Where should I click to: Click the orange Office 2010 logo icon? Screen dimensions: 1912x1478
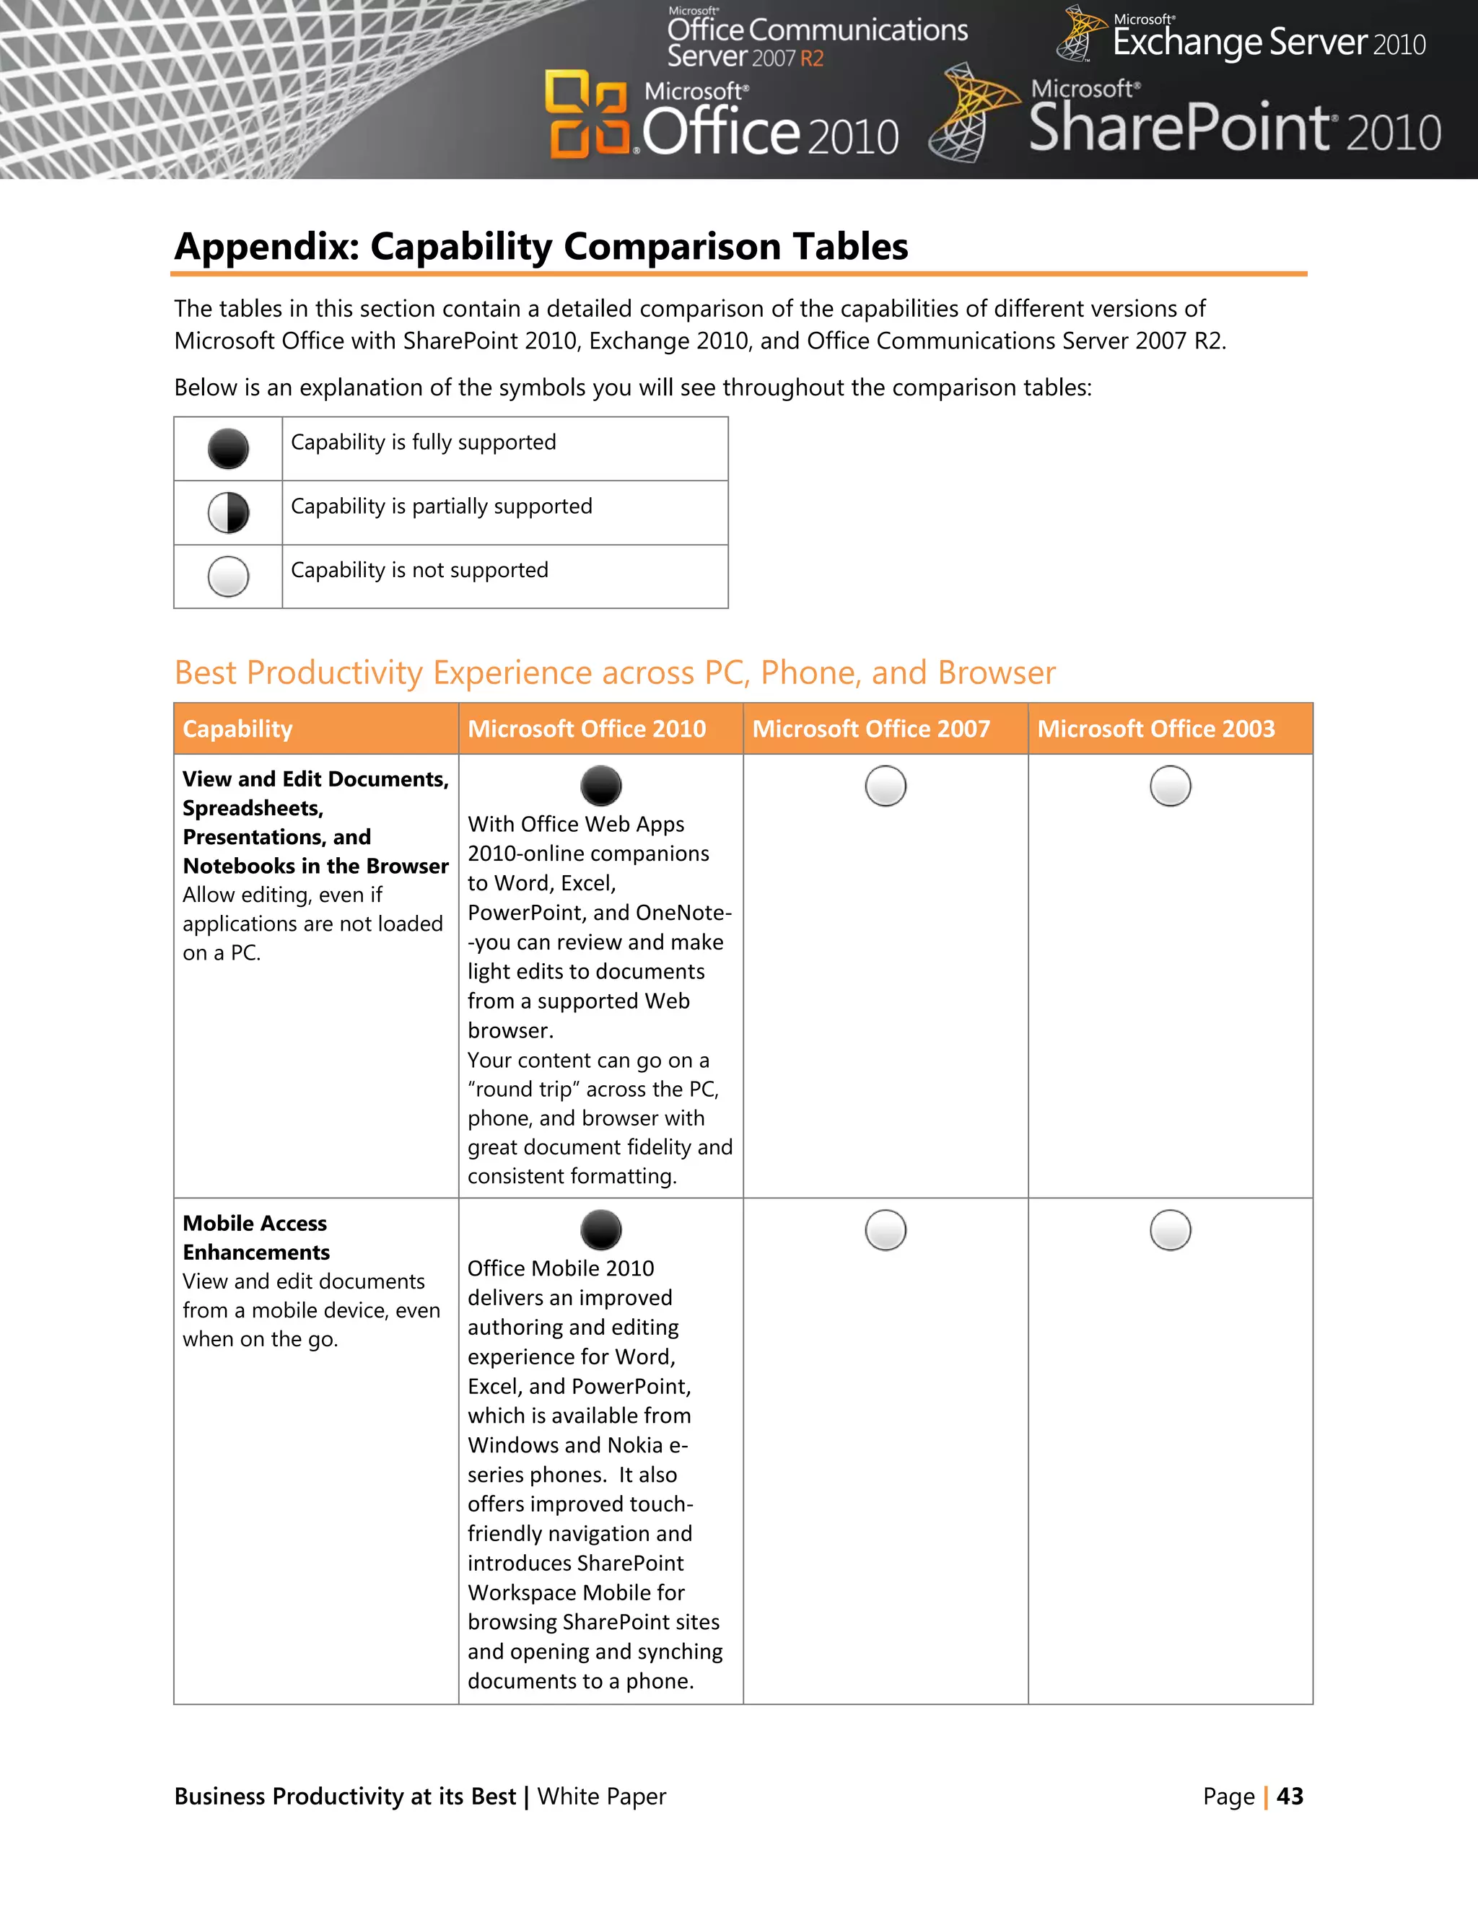tap(586, 114)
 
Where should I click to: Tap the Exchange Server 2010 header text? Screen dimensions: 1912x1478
tap(1268, 42)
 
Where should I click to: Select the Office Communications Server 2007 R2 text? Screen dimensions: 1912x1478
tap(816, 42)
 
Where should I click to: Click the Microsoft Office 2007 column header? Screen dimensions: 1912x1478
tap(870, 729)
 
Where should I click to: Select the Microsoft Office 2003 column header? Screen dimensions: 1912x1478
tap(1156, 729)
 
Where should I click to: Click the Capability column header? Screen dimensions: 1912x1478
tap(237, 729)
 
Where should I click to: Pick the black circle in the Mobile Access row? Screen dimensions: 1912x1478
tap(600, 1230)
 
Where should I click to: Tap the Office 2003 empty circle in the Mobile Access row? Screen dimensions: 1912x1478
tap(1170, 1230)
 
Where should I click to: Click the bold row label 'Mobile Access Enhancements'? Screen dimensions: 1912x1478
tap(255, 1237)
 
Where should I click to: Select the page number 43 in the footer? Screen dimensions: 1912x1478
tap(1290, 1797)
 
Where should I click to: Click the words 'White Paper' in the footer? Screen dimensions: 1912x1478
tap(602, 1797)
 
